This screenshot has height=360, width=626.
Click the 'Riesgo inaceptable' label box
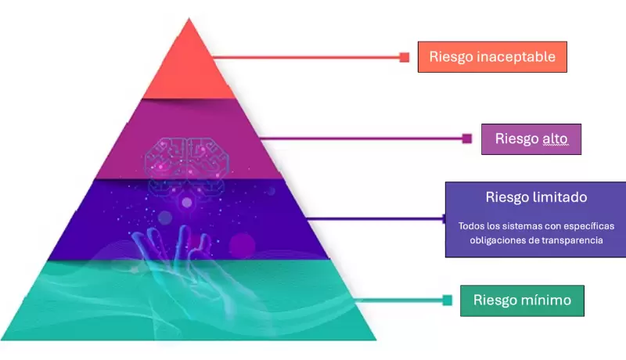492,57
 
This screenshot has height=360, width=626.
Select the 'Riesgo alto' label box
531,139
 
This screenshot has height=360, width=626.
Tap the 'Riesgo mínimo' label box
521,300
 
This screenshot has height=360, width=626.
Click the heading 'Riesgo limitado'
536,197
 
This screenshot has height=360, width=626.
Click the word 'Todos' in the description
472,226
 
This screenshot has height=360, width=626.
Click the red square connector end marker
405,57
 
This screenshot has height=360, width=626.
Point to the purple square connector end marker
467,139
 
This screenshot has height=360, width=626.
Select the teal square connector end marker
447,300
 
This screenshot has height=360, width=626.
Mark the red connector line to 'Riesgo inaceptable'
305,57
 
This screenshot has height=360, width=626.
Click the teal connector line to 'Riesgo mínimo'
391,300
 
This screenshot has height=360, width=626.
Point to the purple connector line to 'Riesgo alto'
360,139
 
